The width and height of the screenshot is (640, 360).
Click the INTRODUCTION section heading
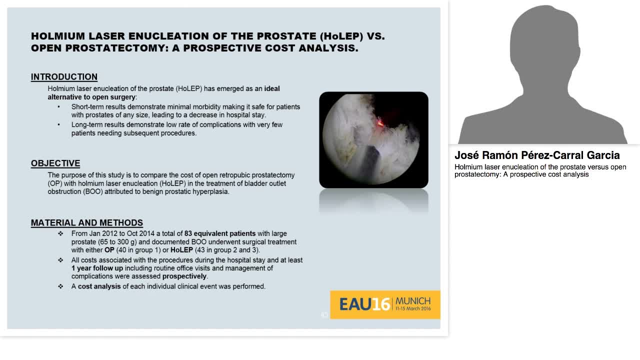(x=64, y=77)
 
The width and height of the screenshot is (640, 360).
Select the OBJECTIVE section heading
(x=55, y=163)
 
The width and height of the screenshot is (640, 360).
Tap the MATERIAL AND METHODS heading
(x=87, y=223)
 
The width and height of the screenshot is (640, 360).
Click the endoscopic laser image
(x=373, y=140)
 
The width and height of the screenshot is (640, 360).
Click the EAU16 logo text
(x=364, y=304)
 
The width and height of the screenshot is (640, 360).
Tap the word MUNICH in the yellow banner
(x=413, y=301)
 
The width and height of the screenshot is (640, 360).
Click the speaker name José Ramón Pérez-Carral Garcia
(x=537, y=155)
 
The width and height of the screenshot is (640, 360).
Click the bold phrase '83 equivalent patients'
(x=220, y=233)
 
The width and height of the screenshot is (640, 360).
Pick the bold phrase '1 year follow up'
(x=97, y=268)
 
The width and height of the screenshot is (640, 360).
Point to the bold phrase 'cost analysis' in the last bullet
(x=99, y=286)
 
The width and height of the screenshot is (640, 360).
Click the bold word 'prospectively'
(x=184, y=276)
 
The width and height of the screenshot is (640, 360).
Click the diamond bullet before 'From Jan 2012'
(x=60, y=233)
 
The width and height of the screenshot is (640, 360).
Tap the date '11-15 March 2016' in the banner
(x=413, y=309)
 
